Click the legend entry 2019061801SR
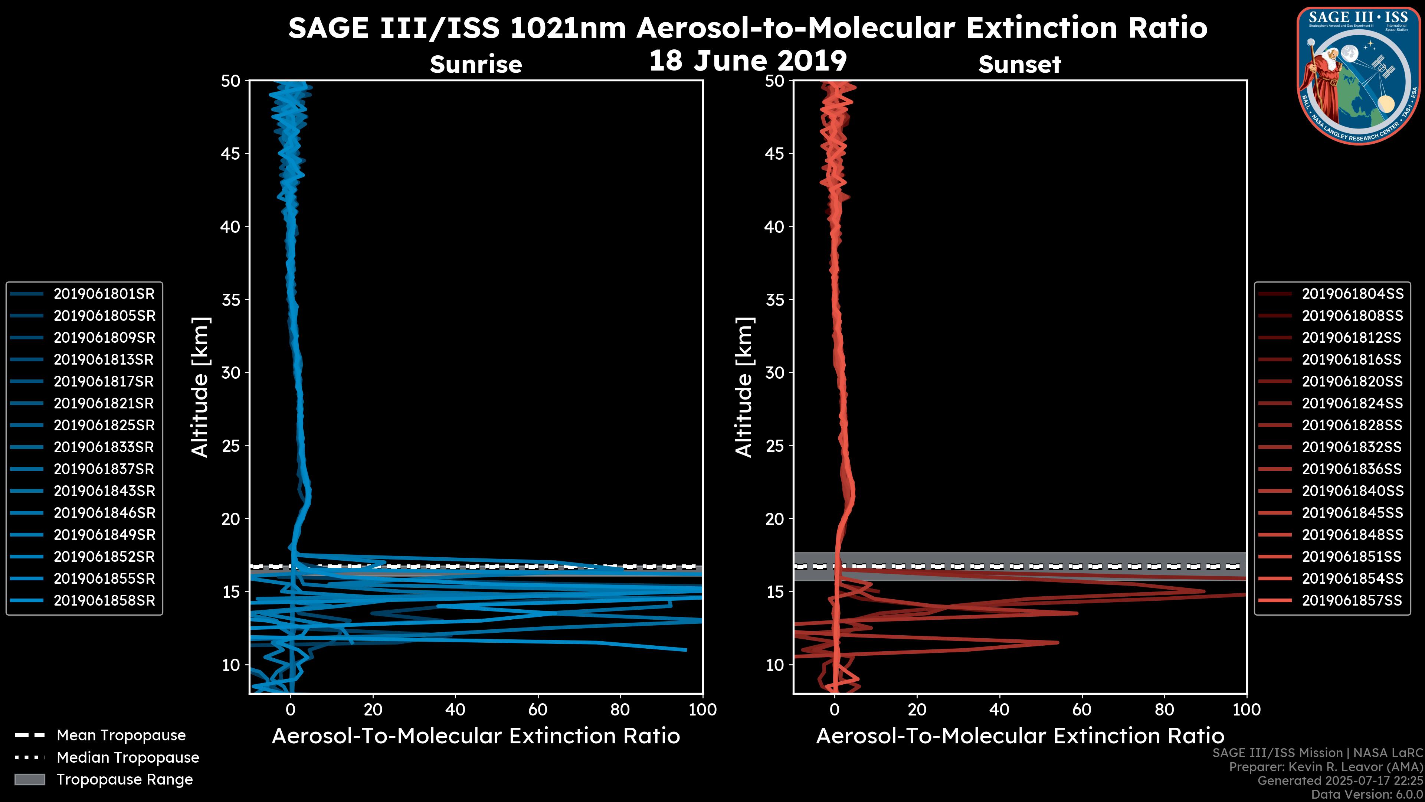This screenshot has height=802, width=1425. coord(104,294)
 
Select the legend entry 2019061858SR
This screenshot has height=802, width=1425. coord(104,600)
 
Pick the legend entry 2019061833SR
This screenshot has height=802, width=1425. coord(104,447)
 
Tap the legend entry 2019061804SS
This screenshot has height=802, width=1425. coord(1352,294)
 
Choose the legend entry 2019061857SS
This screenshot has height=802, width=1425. coord(1352,600)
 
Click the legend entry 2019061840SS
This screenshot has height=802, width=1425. coord(1352,491)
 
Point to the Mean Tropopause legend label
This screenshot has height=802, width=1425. coord(121,736)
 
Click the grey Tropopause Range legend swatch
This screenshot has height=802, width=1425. coord(30,779)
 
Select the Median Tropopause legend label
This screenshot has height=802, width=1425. coord(128,758)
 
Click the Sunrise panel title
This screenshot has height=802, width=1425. coord(476,65)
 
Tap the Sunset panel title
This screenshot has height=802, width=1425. coord(1019,65)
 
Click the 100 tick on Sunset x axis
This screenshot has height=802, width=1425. coord(1247,710)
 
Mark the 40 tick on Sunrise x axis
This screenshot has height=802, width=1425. coord(455,710)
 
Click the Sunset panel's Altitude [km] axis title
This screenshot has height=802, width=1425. coord(744,387)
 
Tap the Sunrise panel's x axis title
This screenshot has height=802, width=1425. coord(476,736)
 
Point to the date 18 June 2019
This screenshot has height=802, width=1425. coord(747,61)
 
